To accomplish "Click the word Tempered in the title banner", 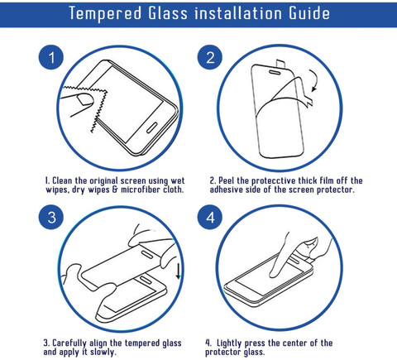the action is click(x=105, y=13).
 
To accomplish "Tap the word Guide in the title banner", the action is click(x=309, y=13).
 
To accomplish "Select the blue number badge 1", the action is click(x=51, y=57).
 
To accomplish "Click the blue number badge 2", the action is click(x=210, y=57).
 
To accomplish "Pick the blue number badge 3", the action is click(x=51, y=217).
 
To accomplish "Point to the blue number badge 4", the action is click(x=210, y=217).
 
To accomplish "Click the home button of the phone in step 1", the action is click(x=151, y=127).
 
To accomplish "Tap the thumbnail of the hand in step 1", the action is click(x=84, y=99).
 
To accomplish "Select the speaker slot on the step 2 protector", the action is click(x=275, y=72).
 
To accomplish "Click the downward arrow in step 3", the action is click(x=179, y=271).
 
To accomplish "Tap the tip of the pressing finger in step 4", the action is click(x=274, y=274).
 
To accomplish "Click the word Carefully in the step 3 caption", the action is click(x=69, y=343).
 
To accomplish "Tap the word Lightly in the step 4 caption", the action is click(x=229, y=343).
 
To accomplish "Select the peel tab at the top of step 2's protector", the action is click(x=280, y=63).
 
